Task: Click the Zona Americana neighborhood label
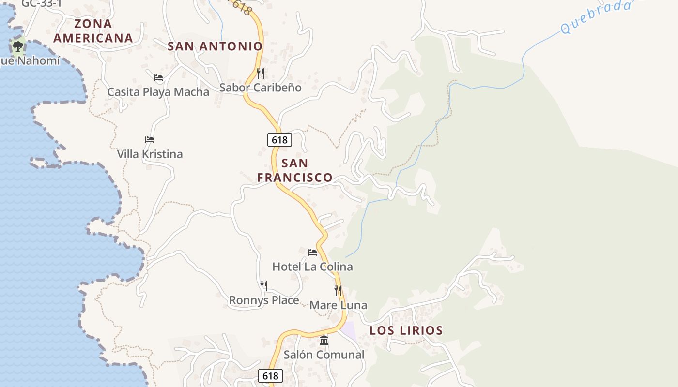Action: click(x=93, y=30)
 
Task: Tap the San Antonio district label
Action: click(x=215, y=46)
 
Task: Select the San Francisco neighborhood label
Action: click(x=294, y=170)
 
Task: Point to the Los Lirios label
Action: click(x=406, y=331)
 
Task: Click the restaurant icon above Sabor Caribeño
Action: click(x=261, y=74)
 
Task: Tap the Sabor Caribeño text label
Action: click(x=260, y=88)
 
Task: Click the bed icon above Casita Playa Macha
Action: click(x=158, y=77)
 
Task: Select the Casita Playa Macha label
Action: click(x=158, y=92)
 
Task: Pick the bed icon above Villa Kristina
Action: click(x=150, y=140)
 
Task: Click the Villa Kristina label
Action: click(x=150, y=154)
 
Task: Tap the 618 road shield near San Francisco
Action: click(x=279, y=140)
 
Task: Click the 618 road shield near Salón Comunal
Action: click(x=270, y=376)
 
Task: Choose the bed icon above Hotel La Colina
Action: click(x=312, y=252)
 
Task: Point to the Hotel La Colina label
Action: click(x=312, y=267)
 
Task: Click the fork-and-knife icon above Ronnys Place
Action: click(x=264, y=286)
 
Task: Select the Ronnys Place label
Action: click(x=264, y=300)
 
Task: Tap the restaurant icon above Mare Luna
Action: click(x=338, y=291)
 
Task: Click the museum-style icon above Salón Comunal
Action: click(x=324, y=341)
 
